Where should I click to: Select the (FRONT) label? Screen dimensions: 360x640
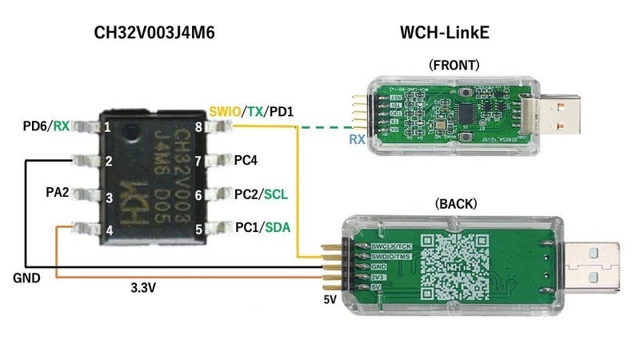point(453,66)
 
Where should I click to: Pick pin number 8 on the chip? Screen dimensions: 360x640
point(198,126)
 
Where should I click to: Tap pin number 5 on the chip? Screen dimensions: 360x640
point(198,228)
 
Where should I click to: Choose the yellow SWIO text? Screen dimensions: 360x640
point(225,110)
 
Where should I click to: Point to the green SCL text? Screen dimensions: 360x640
point(276,194)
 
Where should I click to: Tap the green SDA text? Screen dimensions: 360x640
point(277,228)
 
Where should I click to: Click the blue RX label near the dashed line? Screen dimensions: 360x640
point(357,140)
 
